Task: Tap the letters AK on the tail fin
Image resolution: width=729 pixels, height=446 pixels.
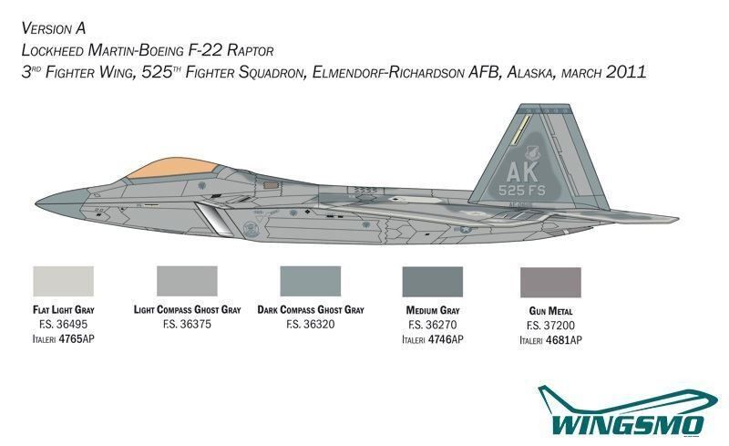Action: pos(521,171)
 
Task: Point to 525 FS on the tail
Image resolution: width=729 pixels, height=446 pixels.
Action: pos(521,190)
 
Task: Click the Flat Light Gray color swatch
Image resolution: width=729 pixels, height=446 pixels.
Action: pos(64,281)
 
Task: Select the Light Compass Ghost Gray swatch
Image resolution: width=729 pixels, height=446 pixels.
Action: pos(187,281)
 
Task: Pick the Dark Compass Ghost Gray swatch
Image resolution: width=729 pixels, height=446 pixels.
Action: pos(311,281)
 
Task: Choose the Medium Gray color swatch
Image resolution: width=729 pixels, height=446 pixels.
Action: pos(432,282)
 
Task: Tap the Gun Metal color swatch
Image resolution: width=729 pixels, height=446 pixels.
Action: pos(550,282)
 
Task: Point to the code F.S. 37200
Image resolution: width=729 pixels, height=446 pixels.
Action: pos(551,325)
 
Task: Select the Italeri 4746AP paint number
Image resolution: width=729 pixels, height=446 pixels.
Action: pos(433,339)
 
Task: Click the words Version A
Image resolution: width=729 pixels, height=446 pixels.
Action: pos(54,28)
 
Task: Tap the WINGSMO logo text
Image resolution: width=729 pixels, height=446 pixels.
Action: pos(628,425)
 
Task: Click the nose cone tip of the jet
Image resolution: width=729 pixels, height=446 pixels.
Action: pos(36,202)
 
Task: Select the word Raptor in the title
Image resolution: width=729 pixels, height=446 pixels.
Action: pos(251,50)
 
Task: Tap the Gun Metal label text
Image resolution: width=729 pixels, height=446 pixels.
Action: pos(550,310)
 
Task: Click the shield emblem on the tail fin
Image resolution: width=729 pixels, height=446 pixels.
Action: pos(531,153)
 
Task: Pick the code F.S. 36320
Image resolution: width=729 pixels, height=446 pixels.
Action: pos(311,324)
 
